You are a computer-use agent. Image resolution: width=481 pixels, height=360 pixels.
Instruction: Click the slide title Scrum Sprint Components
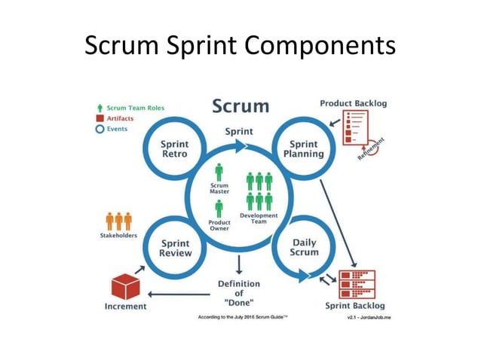tap(240, 46)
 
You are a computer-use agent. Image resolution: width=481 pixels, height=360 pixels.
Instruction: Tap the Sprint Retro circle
tap(175, 148)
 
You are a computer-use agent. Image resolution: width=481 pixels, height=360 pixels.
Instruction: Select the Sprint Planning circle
tap(302, 148)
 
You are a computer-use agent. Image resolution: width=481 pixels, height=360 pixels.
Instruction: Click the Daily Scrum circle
tap(304, 247)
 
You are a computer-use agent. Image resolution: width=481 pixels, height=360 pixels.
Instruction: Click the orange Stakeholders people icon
tap(118, 221)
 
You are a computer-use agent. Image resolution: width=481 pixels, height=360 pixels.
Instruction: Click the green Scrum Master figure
tap(219, 171)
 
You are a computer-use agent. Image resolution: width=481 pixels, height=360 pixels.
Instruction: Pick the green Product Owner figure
tap(219, 209)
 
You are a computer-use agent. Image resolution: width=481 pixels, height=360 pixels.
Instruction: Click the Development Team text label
tap(259, 218)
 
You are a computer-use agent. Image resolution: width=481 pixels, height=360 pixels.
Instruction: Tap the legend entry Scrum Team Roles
tap(135, 108)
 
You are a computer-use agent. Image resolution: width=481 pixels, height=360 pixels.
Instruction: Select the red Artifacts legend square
tap(99, 118)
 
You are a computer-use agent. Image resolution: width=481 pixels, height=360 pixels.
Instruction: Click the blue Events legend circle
tap(99, 129)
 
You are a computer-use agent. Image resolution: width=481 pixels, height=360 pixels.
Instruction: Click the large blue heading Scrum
tap(240, 105)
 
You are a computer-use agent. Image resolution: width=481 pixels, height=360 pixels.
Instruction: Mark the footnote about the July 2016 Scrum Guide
tap(243, 317)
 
